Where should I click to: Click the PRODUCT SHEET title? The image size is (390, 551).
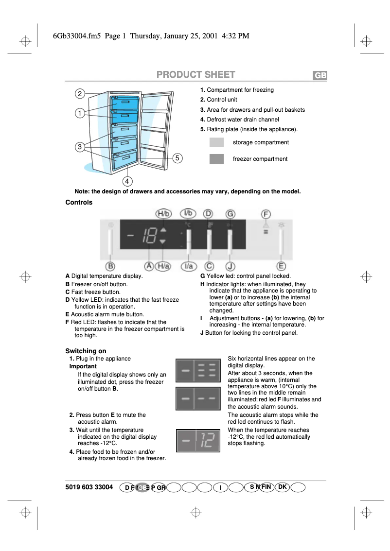(195, 75)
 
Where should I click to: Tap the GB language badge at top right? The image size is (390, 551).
(319, 76)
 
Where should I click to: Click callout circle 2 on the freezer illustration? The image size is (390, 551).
(80, 93)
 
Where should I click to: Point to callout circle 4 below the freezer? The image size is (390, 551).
(127, 181)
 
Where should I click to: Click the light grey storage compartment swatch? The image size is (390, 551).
(216, 142)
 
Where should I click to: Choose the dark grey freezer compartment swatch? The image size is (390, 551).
(216, 159)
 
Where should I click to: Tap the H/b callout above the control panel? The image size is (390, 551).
(164, 214)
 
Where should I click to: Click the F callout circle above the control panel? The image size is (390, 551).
(266, 214)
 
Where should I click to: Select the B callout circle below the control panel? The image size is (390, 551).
(110, 266)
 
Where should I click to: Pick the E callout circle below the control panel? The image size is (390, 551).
(281, 266)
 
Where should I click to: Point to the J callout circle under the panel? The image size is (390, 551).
(230, 266)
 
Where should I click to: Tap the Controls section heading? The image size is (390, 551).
(79, 202)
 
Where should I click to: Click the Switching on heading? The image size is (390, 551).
(86, 351)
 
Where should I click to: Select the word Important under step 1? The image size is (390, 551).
(83, 366)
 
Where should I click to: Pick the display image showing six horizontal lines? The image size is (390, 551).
(198, 370)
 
